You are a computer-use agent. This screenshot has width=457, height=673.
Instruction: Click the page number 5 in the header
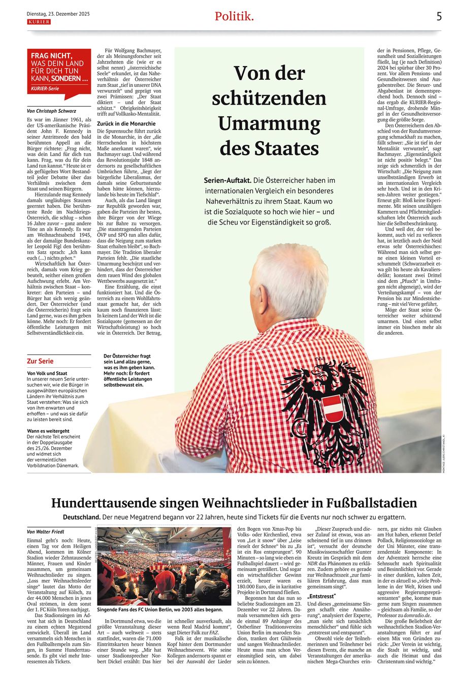point(439,16)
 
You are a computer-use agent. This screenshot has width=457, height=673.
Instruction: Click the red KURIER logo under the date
point(39,22)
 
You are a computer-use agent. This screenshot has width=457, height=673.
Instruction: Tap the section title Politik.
point(234,16)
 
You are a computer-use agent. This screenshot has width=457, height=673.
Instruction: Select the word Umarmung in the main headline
point(269,123)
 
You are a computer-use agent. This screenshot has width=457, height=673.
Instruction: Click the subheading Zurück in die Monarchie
point(126,123)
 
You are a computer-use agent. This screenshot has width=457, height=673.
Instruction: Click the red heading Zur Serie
point(40,361)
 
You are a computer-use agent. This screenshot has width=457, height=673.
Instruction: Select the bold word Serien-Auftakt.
point(226,180)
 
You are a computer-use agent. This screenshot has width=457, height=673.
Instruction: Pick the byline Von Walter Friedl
point(46,532)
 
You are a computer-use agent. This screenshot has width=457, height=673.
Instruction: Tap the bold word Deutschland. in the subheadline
point(82,517)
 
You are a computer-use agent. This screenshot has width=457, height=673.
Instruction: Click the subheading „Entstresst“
point(322,596)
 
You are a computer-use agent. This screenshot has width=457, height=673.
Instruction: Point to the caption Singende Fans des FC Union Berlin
point(160,610)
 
